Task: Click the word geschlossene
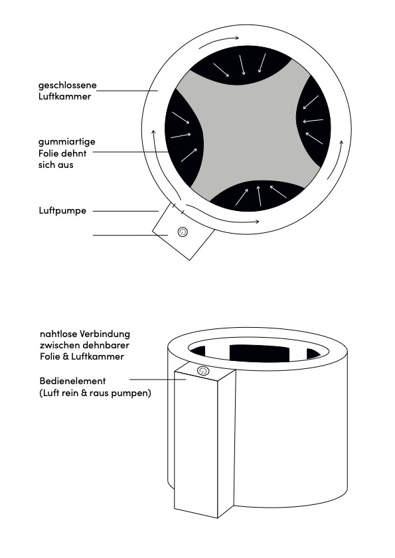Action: click(67, 86)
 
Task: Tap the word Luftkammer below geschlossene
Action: click(64, 96)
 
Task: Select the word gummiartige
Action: click(66, 142)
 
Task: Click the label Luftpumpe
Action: click(62, 211)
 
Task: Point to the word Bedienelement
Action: click(72, 381)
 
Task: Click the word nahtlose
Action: click(58, 334)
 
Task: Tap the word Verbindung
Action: click(105, 334)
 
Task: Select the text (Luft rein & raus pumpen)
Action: click(95, 393)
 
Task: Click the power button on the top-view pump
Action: click(183, 232)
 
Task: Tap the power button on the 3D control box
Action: click(202, 371)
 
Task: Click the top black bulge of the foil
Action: click(241, 65)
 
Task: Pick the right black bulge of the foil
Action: click(314, 121)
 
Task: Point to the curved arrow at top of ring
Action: click(218, 41)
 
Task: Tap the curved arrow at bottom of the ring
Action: click(222, 216)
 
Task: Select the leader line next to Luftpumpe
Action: click(125, 211)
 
